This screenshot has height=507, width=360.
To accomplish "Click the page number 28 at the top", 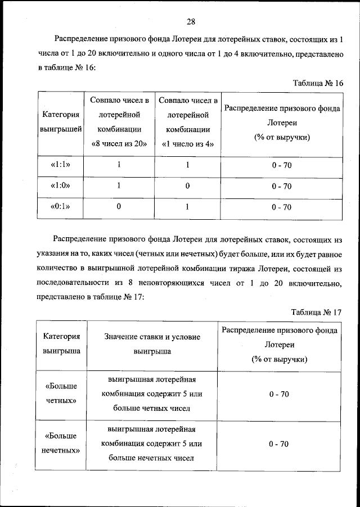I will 190,22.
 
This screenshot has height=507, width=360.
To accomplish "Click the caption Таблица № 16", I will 318,83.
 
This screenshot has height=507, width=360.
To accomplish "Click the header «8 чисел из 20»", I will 119,143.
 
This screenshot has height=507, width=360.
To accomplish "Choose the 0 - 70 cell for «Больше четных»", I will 279,395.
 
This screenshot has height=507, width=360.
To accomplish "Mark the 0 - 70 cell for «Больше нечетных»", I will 279,443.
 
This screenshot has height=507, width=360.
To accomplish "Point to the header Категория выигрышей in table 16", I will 61,122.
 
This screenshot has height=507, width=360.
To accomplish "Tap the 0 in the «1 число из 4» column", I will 187,186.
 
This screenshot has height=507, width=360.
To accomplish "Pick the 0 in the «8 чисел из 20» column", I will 119,207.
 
